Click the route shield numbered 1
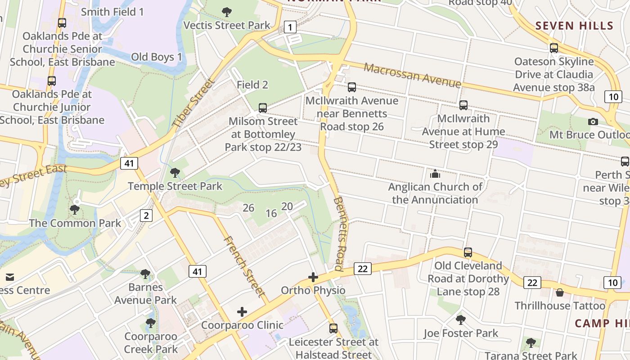[290, 27]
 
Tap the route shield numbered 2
[146, 216]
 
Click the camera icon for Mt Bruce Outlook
[593, 121]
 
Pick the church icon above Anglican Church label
[435, 173]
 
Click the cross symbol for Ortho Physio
[313, 277]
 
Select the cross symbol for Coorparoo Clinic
[242, 312]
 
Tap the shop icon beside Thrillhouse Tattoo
[560, 293]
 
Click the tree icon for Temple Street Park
[175, 172]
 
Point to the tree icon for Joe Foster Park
[460, 320]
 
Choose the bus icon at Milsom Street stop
[263, 108]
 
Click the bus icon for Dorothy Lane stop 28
[468, 252]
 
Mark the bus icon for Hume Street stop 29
[463, 105]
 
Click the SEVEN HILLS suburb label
[575, 26]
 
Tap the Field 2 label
[252, 85]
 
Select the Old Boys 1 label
[157, 57]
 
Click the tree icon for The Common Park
[75, 209]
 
